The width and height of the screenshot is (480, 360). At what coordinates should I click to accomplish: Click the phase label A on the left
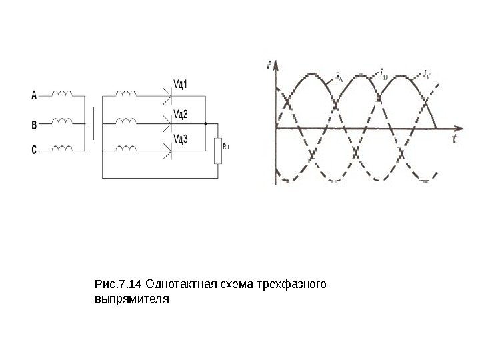[x=34, y=95]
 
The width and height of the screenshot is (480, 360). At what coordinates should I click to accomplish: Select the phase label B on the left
[x=34, y=123]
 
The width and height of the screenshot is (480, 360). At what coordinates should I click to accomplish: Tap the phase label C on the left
[x=34, y=151]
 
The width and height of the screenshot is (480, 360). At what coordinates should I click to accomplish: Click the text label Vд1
[x=181, y=85]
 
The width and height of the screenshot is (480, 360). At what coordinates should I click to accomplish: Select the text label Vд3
[x=181, y=139]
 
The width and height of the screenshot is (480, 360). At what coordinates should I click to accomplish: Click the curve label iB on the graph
[x=385, y=71]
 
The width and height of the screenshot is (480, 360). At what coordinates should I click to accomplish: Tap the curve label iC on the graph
[x=427, y=73]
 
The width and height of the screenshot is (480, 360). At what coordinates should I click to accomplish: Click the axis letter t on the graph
[x=453, y=138]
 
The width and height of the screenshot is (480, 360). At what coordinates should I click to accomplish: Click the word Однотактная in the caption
[x=179, y=286]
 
